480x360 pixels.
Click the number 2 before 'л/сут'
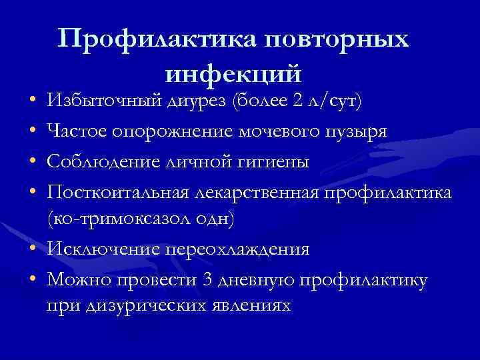pos(297,102)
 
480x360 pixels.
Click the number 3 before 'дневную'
pos(207,279)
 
